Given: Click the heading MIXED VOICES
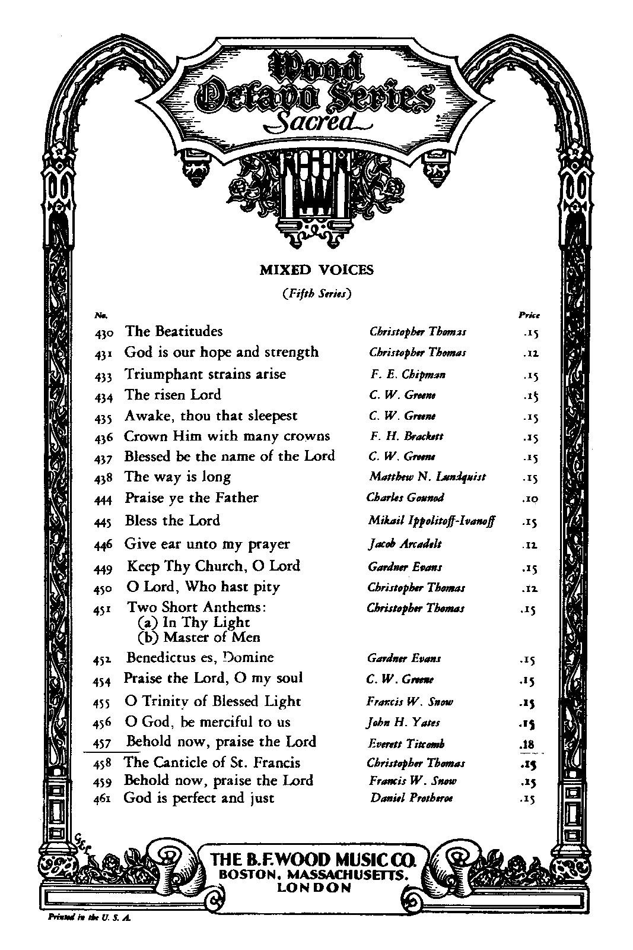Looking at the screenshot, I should click(317, 270).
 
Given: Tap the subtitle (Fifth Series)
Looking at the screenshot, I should click(317, 293).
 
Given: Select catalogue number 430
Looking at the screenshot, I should click(104, 333).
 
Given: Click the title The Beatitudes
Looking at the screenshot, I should click(174, 331).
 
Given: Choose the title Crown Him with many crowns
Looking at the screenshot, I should click(227, 436).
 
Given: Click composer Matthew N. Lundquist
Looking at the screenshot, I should click(427, 477).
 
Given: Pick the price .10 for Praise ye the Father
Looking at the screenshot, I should click(531, 499).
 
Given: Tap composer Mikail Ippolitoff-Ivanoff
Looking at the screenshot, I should click(431, 521).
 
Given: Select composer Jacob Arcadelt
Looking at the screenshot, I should click(405, 544).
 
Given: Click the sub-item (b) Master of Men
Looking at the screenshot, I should click(199, 638).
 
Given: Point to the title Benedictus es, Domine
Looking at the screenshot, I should click(200, 658).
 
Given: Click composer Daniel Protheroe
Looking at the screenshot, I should click(411, 799).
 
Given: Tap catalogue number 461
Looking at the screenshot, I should click(104, 800).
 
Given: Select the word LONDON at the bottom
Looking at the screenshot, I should click(314, 888).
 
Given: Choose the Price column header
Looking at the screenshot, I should click(529, 315).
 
